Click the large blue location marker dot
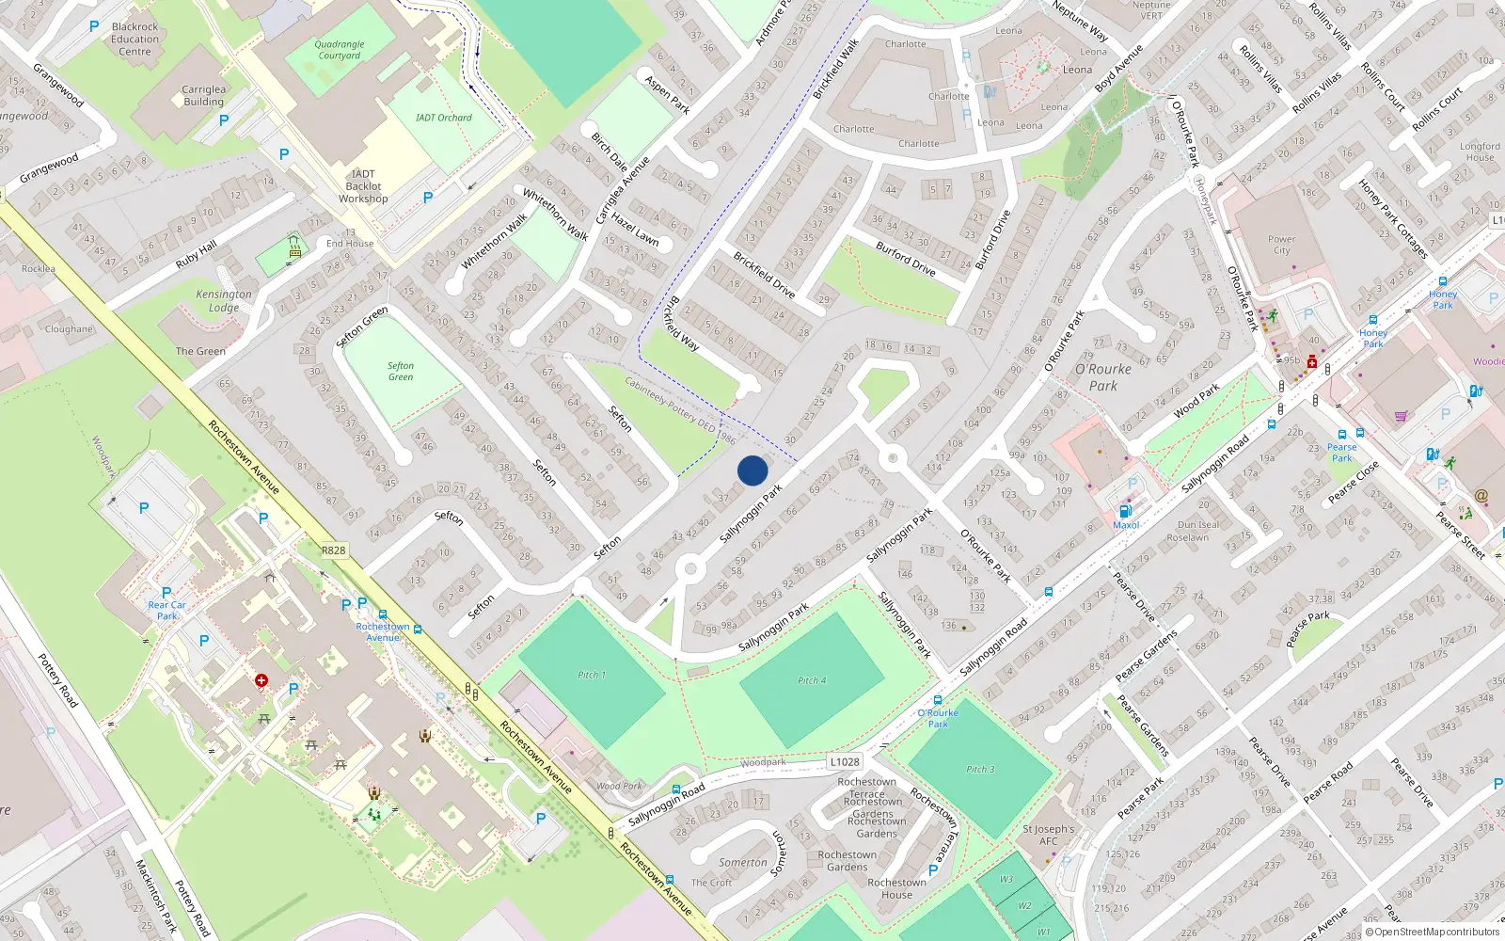coord(752,470)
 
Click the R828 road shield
coord(333,550)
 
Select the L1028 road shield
coord(845,761)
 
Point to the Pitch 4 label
coord(812,680)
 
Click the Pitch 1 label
coord(591,675)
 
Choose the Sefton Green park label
coord(401,371)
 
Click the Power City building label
coord(1281,245)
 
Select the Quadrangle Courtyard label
coord(340,50)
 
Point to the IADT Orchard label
coord(444,118)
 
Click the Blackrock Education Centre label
coord(135,40)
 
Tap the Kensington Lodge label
coord(224,300)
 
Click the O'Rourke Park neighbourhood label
coord(1103,377)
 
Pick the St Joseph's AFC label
coord(1048,836)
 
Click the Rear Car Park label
coord(166,611)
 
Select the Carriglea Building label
coord(204,95)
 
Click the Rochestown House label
coord(896,888)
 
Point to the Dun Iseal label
coord(1198,525)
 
